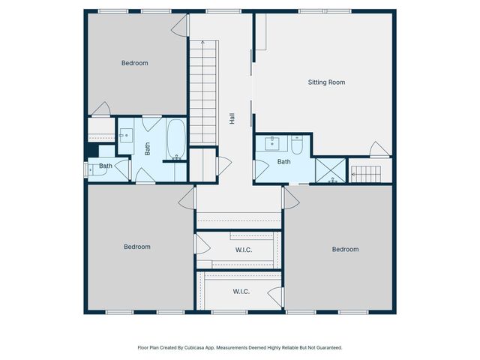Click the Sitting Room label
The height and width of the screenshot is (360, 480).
click(326, 82)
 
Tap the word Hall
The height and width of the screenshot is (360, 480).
click(232, 118)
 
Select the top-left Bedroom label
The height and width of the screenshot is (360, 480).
click(135, 63)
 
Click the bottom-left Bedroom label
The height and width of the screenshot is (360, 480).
click(136, 247)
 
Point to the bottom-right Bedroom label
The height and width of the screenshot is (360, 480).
click(345, 249)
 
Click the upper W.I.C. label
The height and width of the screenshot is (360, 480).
click(244, 250)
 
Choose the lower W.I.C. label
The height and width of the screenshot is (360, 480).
click(241, 292)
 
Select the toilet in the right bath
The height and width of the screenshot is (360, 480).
click(297, 145)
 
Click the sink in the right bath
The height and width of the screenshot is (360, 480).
click(270, 143)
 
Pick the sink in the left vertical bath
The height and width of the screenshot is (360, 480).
click(125, 136)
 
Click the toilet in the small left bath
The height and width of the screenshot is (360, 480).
click(94, 170)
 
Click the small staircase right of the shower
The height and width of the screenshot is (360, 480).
click(366, 174)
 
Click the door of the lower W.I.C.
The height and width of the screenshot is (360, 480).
click(276, 296)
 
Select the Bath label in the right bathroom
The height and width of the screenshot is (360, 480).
click(283, 161)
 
